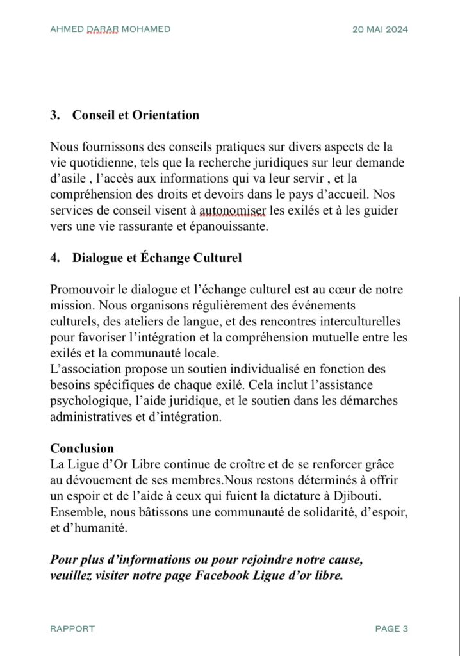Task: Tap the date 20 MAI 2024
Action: point(381,29)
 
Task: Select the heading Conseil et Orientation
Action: point(136,115)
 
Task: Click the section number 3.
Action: point(54,115)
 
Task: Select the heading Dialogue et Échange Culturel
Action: point(157,258)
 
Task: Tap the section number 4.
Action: point(54,258)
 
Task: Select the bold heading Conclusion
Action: point(82,448)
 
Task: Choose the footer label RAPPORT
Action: point(72,628)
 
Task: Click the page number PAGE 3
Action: point(391,628)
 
